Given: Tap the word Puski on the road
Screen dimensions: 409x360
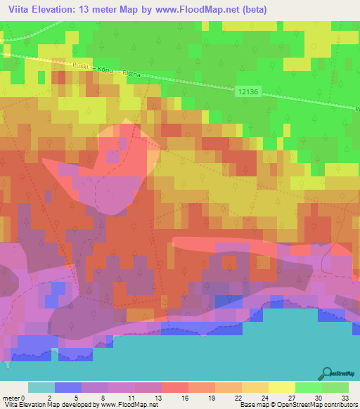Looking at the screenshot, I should (82, 65).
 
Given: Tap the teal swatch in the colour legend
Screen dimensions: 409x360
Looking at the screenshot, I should (41, 387).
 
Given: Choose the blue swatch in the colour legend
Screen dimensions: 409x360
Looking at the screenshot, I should (67, 387).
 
